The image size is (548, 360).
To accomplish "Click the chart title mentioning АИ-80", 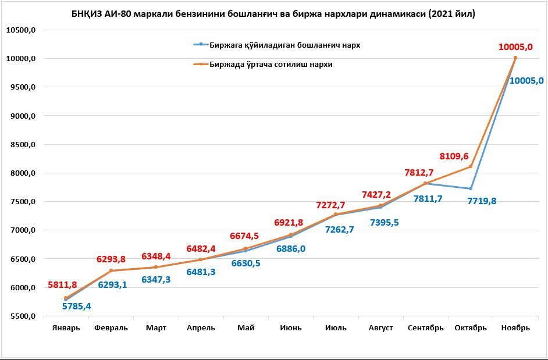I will pos(273,14).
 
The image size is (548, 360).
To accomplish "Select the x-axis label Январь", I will pos(66,328).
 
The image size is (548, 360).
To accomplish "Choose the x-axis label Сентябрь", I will pos(425,328).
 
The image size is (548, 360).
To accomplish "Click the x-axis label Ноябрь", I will pos(515,328).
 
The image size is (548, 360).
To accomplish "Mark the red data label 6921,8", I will pos(289,223).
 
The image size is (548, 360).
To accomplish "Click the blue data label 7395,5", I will pos(384,222).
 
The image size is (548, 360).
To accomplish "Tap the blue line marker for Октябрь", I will pos(471,188).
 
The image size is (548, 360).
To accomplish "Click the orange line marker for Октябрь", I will pos(471,167).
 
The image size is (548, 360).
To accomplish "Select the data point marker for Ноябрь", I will pos(515,58).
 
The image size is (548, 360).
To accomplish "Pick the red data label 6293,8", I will pos(111,259).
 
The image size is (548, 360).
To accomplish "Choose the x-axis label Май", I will pos(245,328).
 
